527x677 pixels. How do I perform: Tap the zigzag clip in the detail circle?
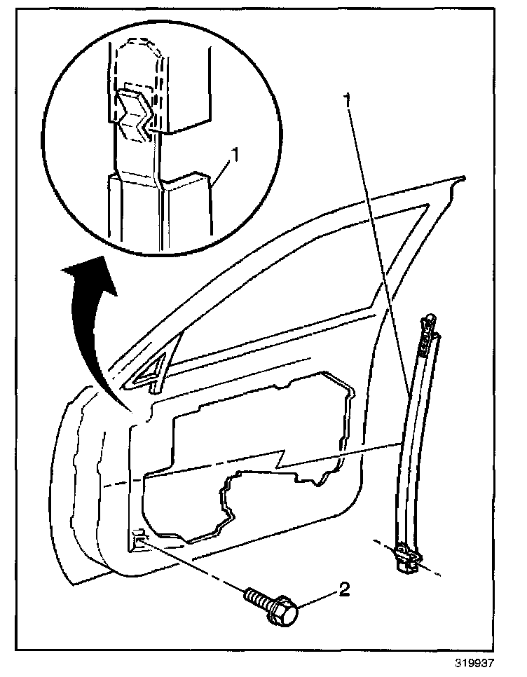coord(136,114)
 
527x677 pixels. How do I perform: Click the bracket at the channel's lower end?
coord(406,558)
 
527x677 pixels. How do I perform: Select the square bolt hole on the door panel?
coord(138,535)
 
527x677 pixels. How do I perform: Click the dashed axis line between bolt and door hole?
coord(196,568)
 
